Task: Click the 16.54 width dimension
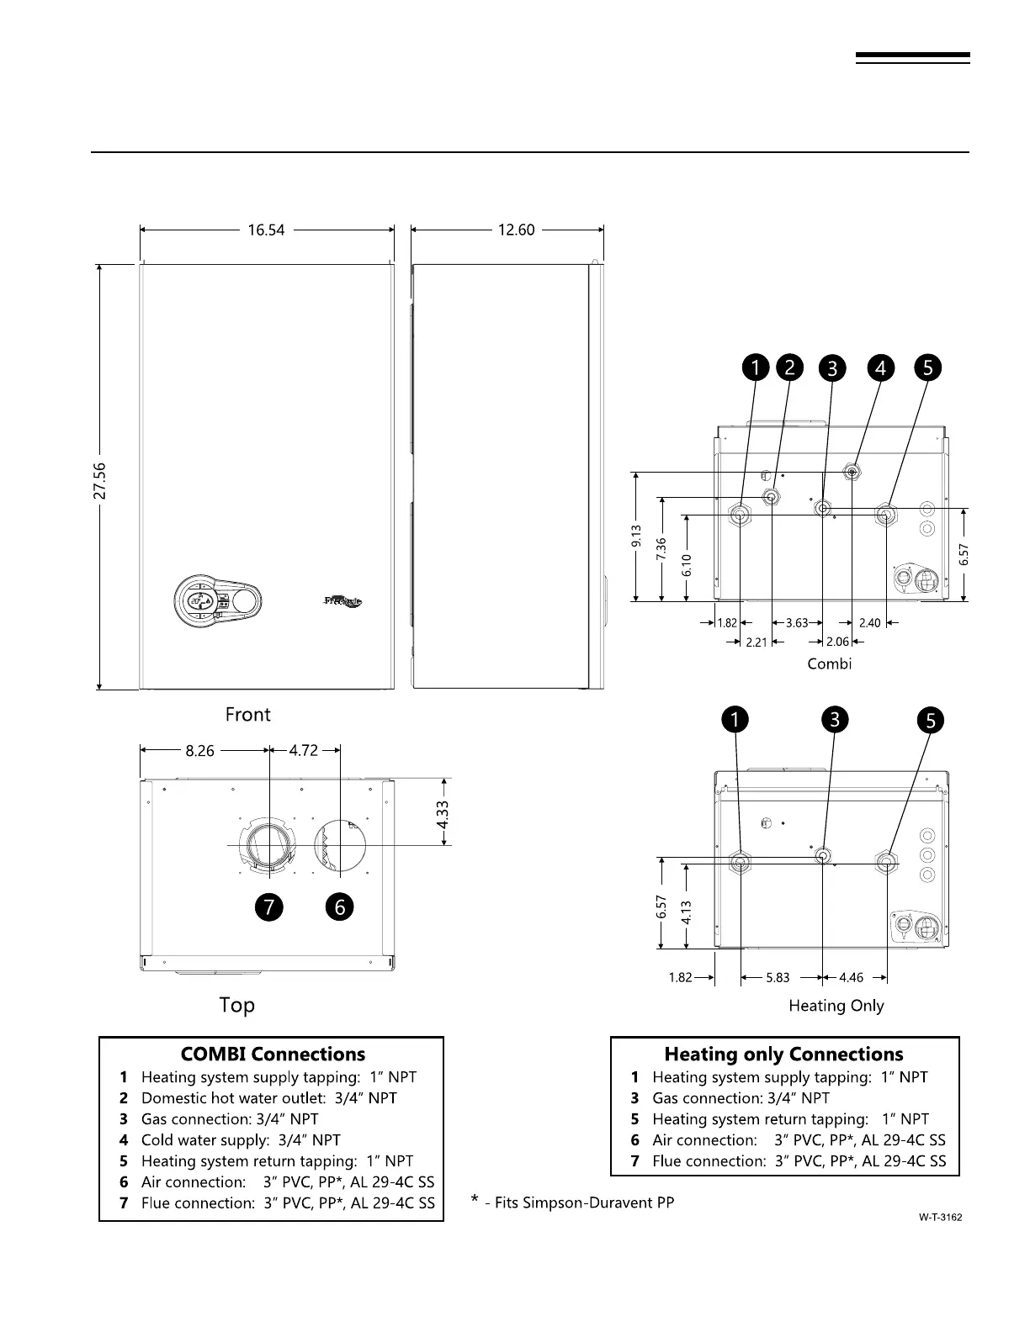click(x=266, y=230)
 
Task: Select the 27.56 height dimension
click(x=100, y=479)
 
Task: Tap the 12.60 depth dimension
click(x=516, y=230)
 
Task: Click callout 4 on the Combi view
click(x=881, y=368)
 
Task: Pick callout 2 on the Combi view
click(x=789, y=367)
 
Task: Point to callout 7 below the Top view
click(x=268, y=906)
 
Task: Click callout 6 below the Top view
click(x=340, y=906)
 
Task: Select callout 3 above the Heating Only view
click(x=835, y=720)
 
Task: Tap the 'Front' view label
click(x=247, y=715)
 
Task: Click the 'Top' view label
click(x=236, y=1005)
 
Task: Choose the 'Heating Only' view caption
click(x=836, y=1006)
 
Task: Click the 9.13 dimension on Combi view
click(x=636, y=536)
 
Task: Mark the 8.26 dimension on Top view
click(x=200, y=751)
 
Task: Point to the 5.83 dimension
click(x=778, y=978)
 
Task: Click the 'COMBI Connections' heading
click(x=273, y=1054)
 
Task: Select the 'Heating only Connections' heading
click(x=783, y=1054)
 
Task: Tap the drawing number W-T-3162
click(x=940, y=1217)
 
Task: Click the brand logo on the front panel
click(x=343, y=601)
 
